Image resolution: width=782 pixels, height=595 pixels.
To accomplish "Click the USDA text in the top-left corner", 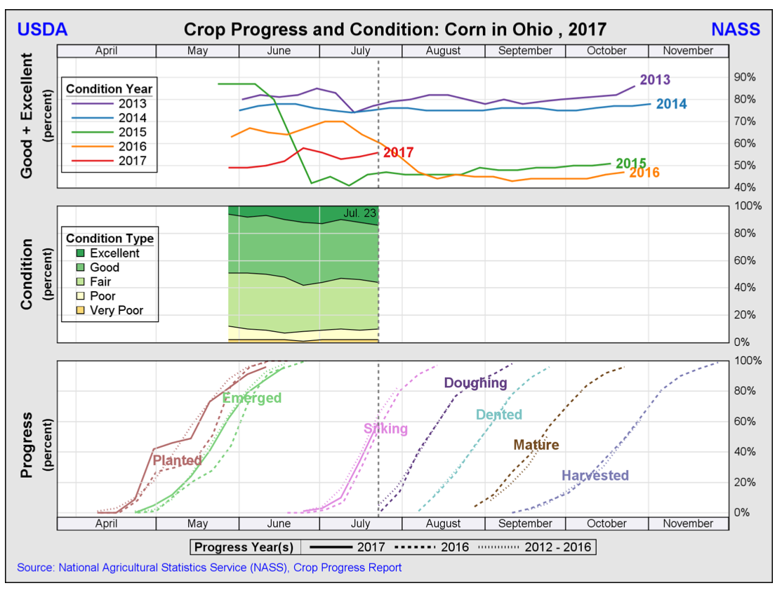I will pos(42,29).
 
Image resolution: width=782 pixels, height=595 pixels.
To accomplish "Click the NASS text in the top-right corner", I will pos(735,29).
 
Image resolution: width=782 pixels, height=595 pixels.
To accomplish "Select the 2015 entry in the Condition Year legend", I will pos(132,132).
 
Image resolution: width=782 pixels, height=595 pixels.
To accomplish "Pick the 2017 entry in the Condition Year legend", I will pos(132,161).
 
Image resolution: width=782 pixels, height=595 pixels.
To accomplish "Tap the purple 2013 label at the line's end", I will pos(654,80).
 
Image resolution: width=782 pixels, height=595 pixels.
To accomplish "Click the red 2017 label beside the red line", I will pos(399,152).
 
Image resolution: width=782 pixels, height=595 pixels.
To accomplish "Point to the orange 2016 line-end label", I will pos(644,173).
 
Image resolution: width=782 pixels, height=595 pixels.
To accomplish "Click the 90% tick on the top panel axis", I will pos(745,77).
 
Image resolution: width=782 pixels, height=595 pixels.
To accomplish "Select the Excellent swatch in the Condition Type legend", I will pos(80,253).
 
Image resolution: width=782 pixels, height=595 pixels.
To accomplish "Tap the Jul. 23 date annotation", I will pos(360,213).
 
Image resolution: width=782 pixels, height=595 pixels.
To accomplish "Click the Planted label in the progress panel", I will pos(177,461).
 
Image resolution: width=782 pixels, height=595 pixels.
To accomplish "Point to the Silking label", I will pos(385,429).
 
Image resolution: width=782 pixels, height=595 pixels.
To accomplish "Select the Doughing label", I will pos(475,383).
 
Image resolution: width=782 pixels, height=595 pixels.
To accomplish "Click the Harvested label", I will pos(595,476).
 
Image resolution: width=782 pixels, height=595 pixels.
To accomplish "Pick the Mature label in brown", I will pos(536,445).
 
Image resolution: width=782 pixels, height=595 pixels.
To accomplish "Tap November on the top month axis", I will pos(688,51).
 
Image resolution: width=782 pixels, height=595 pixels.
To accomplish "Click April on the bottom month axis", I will pos(106,523).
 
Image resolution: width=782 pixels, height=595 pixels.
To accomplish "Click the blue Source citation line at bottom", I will pos(209,568).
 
